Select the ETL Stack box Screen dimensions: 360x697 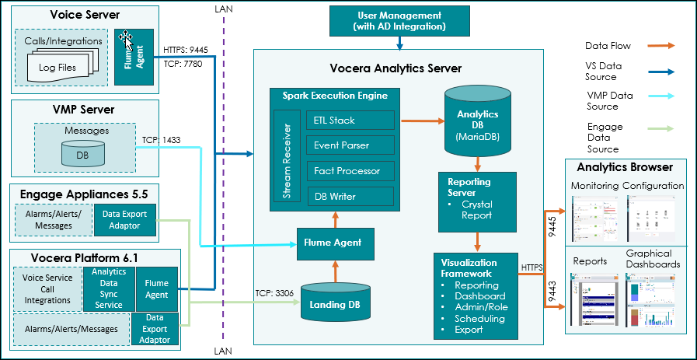(350, 121)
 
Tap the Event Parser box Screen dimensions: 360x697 (350, 145)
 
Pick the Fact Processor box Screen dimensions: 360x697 (350, 170)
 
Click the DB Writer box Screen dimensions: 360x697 (350, 196)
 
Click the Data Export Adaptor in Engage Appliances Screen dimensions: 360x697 (124, 219)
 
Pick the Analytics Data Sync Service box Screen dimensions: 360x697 (108, 288)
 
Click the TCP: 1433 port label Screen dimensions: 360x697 (161, 142)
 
